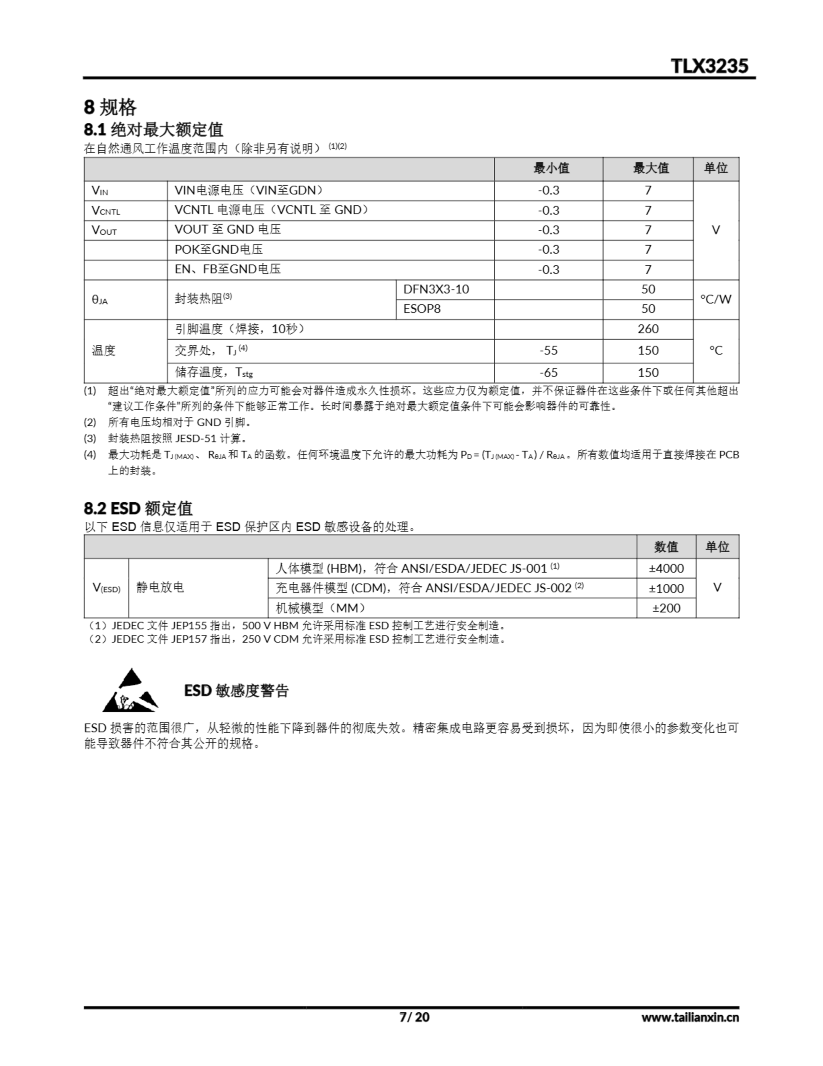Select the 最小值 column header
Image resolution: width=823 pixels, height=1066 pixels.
tap(551, 168)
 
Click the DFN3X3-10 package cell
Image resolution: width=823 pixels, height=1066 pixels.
tap(436, 289)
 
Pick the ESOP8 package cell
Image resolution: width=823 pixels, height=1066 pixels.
tap(422, 309)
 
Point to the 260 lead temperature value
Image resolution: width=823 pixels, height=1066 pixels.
tap(648, 329)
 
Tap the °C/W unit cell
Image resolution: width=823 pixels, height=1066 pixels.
tap(716, 299)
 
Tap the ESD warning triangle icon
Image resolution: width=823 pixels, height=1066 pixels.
tap(130, 691)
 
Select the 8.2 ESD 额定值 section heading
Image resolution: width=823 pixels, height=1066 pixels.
tap(138, 508)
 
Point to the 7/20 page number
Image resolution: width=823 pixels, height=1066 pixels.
tap(414, 1017)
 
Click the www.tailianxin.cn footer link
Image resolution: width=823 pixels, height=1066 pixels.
tap(690, 1017)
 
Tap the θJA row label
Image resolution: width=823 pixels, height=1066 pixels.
tap(99, 300)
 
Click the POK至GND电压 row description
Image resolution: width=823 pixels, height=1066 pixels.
tap(218, 249)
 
